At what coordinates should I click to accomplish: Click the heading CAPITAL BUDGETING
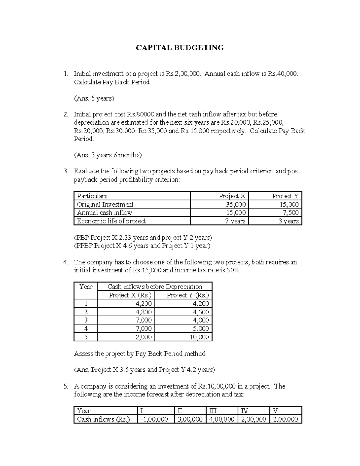pyautogui.click(x=180, y=47)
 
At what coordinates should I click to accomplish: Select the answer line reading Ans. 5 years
pyautogui.click(x=94, y=98)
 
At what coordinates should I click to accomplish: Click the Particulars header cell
pyautogui.click(x=92, y=196)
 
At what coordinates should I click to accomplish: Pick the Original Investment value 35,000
pyautogui.click(x=236, y=204)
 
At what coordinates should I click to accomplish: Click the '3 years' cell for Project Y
pyautogui.click(x=289, y=221)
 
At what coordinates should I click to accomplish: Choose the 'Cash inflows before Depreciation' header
pyautogui.click(x=154, y=287)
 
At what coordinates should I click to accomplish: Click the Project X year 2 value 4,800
pyautogui.click(x=144, y=312)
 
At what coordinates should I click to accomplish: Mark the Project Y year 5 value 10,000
pyautogui.click(x=199, y=337)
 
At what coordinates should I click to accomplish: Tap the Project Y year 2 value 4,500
pyautogui.click(x=201, y=312)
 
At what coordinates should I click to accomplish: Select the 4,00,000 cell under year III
pyautogui.click(x=222, y=419)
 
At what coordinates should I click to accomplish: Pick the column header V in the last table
pyautogui.click(x=275, y=411)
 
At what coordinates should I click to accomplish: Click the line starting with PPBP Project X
pyautogui.click(x=142, y=246)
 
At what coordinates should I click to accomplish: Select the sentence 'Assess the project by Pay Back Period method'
pyautogui.click(x=140, y=353)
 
